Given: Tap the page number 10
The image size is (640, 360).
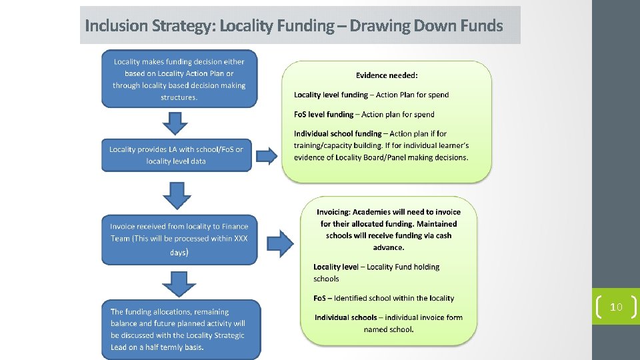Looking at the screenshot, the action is tap(616, 307).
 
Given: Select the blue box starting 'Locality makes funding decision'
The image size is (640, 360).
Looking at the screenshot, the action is tap(179, 79).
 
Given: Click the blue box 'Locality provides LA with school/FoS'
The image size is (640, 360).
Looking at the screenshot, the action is tap(176, 155).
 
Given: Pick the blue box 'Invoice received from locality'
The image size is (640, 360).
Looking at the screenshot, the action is tap(179, 239).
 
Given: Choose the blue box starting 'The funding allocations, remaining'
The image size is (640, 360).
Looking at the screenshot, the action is tap(181, 329).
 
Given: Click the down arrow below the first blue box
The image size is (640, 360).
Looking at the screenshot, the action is tap(175, 123).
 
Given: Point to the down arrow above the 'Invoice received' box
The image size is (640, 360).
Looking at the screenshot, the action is tap(177, 195).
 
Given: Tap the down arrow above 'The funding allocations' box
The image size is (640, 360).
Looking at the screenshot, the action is tap(179, 283).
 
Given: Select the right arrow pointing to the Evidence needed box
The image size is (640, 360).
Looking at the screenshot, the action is tap(267, 156).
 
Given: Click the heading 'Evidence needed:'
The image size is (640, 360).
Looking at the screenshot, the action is tap(387, 76).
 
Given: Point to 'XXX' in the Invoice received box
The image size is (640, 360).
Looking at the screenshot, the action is tap(241, 239).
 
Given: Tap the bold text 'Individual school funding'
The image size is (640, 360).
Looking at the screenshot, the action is tap(337, 134).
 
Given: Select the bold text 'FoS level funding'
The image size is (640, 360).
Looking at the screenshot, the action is tap(323, 114).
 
